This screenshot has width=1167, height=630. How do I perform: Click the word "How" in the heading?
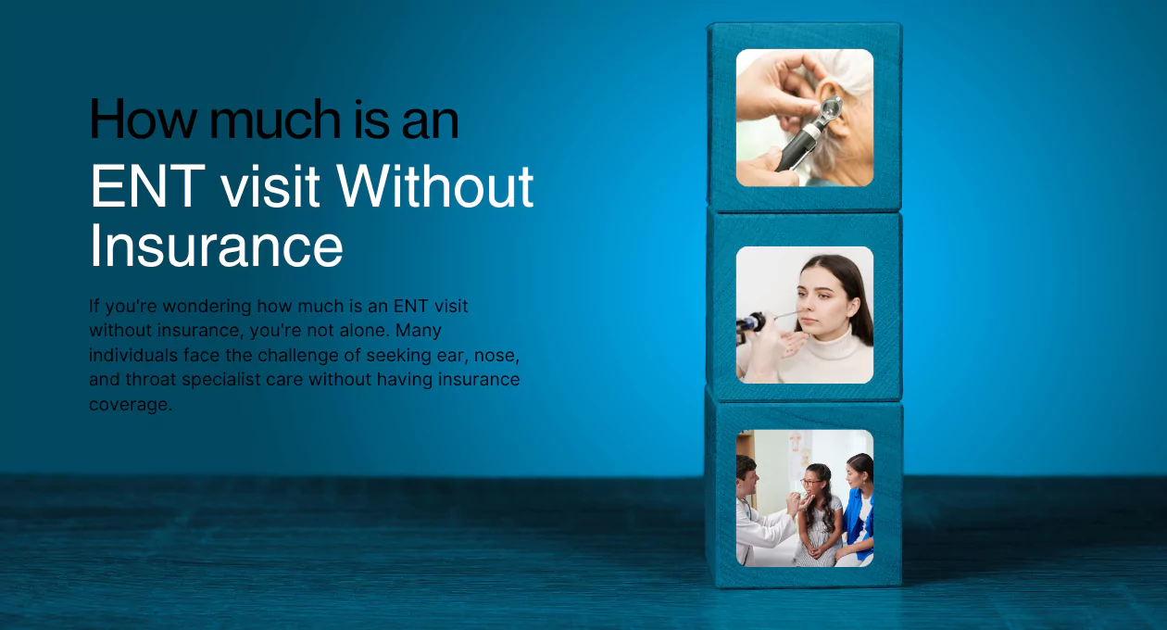[x=143, y=120]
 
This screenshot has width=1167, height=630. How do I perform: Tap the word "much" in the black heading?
[x=275, y=119]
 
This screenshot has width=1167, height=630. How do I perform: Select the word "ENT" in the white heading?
[x=147, y=186]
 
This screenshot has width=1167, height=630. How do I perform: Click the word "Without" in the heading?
[x=435, y=185]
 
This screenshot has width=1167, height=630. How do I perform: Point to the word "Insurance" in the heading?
[x=216, y=245]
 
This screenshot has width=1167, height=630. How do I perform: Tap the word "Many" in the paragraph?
[x=419, y=331]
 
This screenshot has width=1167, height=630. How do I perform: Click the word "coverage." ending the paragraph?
[x=131, y=404]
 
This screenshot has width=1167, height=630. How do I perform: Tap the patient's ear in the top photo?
[x=837, y=109]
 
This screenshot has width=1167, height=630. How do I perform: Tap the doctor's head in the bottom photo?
[x=747, y=474]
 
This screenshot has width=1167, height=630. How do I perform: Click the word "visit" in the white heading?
[x=270, y=186]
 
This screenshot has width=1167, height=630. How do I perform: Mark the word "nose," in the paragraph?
[x=496, y=356]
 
